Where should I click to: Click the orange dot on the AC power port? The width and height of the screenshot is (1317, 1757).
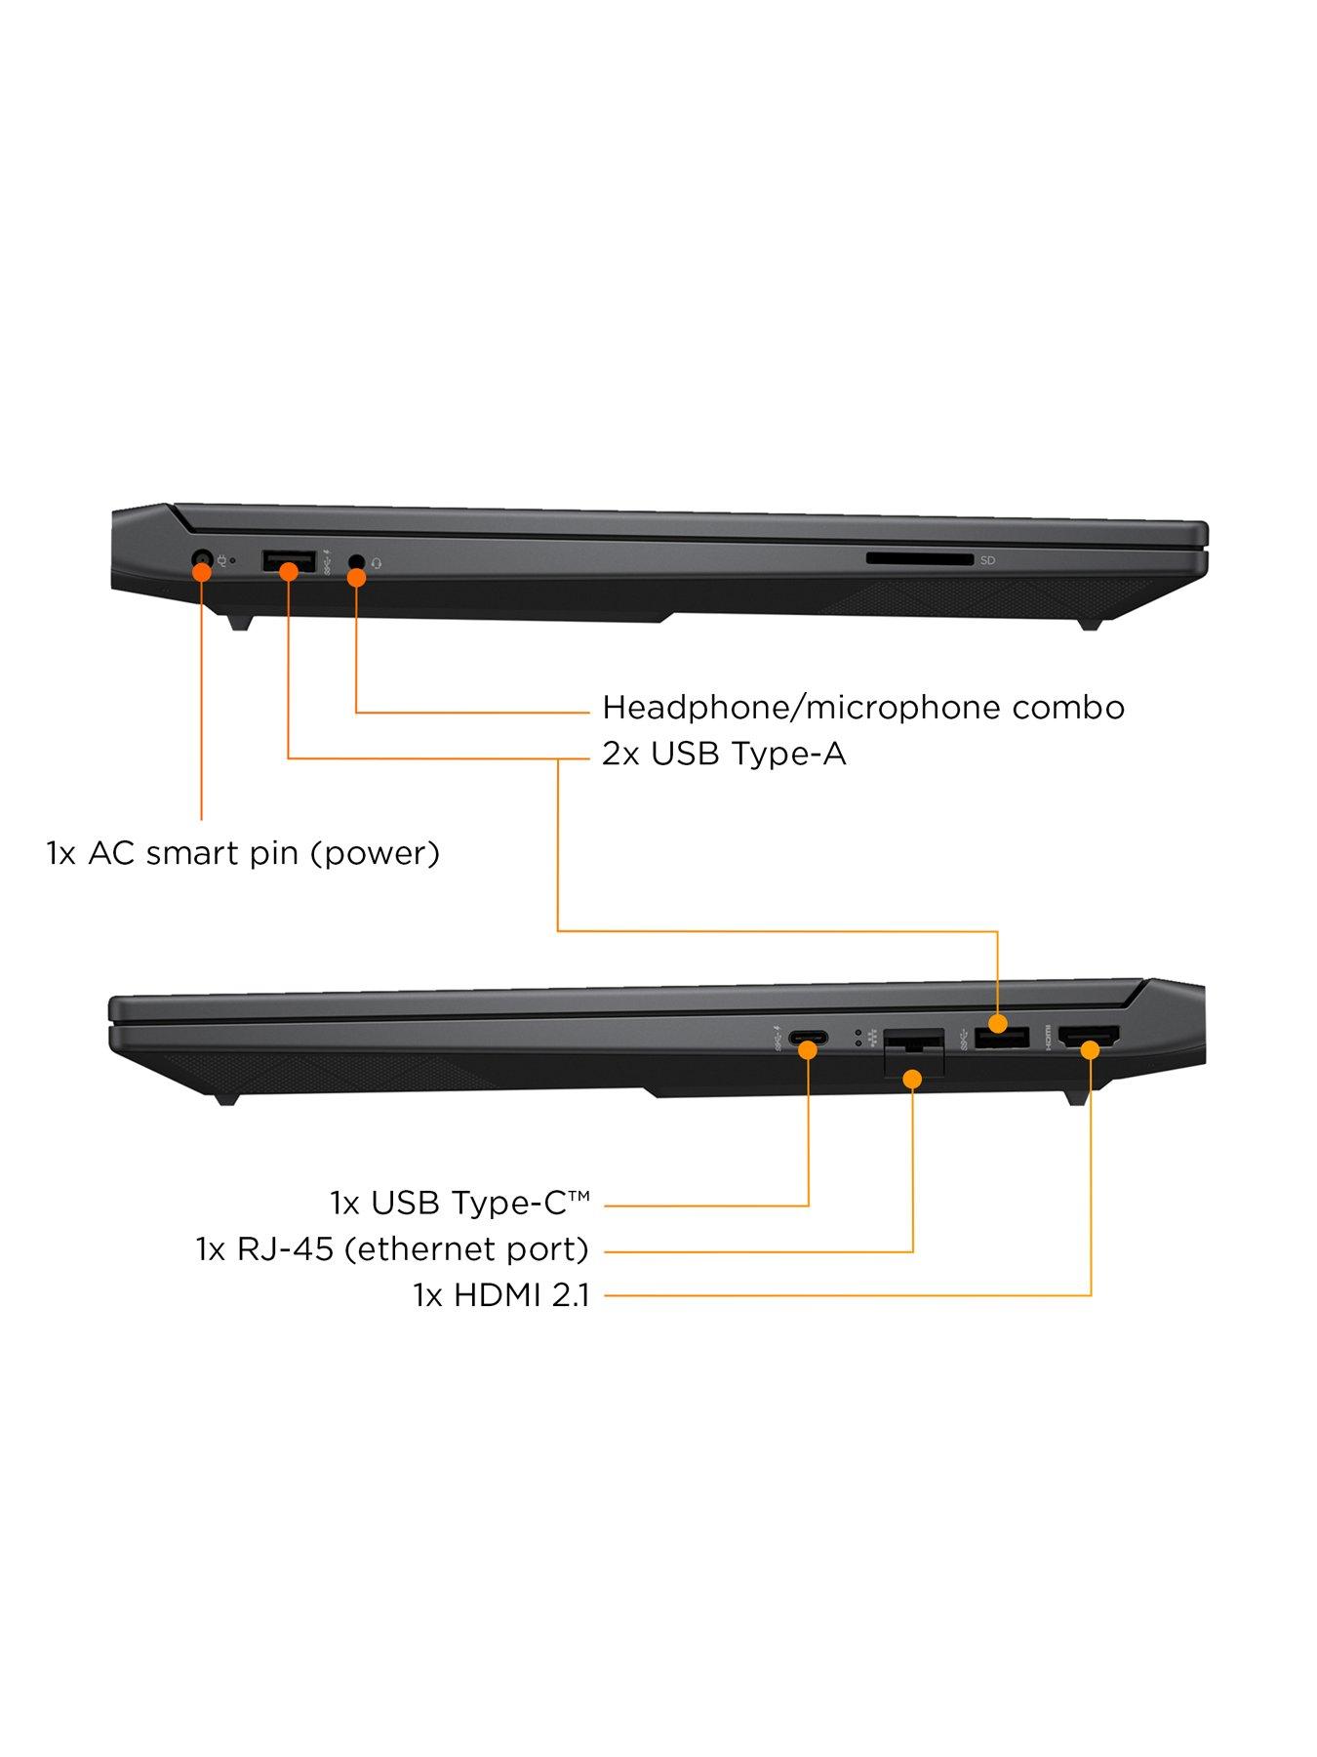(x=202, y=571)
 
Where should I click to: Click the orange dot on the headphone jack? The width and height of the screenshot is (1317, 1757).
(x=357, y=577)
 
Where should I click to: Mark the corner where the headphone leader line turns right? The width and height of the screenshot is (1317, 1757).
(x=357, y=713)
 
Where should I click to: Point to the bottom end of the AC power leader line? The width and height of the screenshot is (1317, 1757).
(x=202, y=819)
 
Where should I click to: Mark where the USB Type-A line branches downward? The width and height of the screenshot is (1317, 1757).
(x=557, y=757)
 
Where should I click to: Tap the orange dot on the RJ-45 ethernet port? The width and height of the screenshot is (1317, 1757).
(x=913, y=1078)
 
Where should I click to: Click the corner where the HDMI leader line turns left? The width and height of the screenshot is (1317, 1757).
(x=1091, y=1295)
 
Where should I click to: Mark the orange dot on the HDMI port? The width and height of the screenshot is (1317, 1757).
(x=1091, y=1049)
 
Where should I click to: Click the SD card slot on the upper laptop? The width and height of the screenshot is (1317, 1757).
(x=919, y=559)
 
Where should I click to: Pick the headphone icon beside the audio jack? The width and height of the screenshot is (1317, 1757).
(x=377, y=562)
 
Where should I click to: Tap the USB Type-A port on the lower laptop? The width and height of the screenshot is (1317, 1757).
(x=1002, y=1039)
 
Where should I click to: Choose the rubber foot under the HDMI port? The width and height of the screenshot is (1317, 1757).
(x=1077, y=1097)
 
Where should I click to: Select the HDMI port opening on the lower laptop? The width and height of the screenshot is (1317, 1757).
(x=1089, y=1039)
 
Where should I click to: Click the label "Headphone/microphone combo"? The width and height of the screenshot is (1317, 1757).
(x=863, y=707)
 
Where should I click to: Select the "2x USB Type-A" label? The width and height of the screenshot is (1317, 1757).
(x=724, y=755)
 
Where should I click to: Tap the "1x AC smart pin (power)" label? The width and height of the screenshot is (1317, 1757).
(x=243, y=853)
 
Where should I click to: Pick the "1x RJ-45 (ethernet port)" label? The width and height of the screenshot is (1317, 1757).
(x=392, y=1248)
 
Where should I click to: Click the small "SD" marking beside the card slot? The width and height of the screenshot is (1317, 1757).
(x=988, y=560)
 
